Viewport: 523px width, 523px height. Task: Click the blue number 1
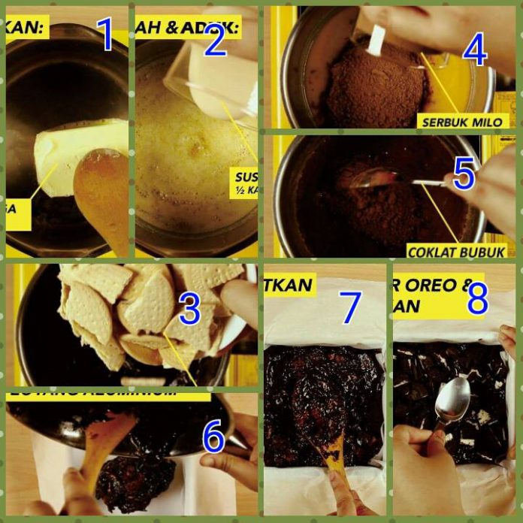(105, 35)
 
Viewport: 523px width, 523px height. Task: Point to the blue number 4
(475, 50)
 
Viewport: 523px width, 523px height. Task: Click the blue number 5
(464, 174)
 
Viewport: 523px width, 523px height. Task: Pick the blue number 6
(213, 437)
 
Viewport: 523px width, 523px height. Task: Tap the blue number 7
(350, 307)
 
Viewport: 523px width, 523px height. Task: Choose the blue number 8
(477, 300)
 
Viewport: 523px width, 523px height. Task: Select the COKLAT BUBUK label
(457, 252)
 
